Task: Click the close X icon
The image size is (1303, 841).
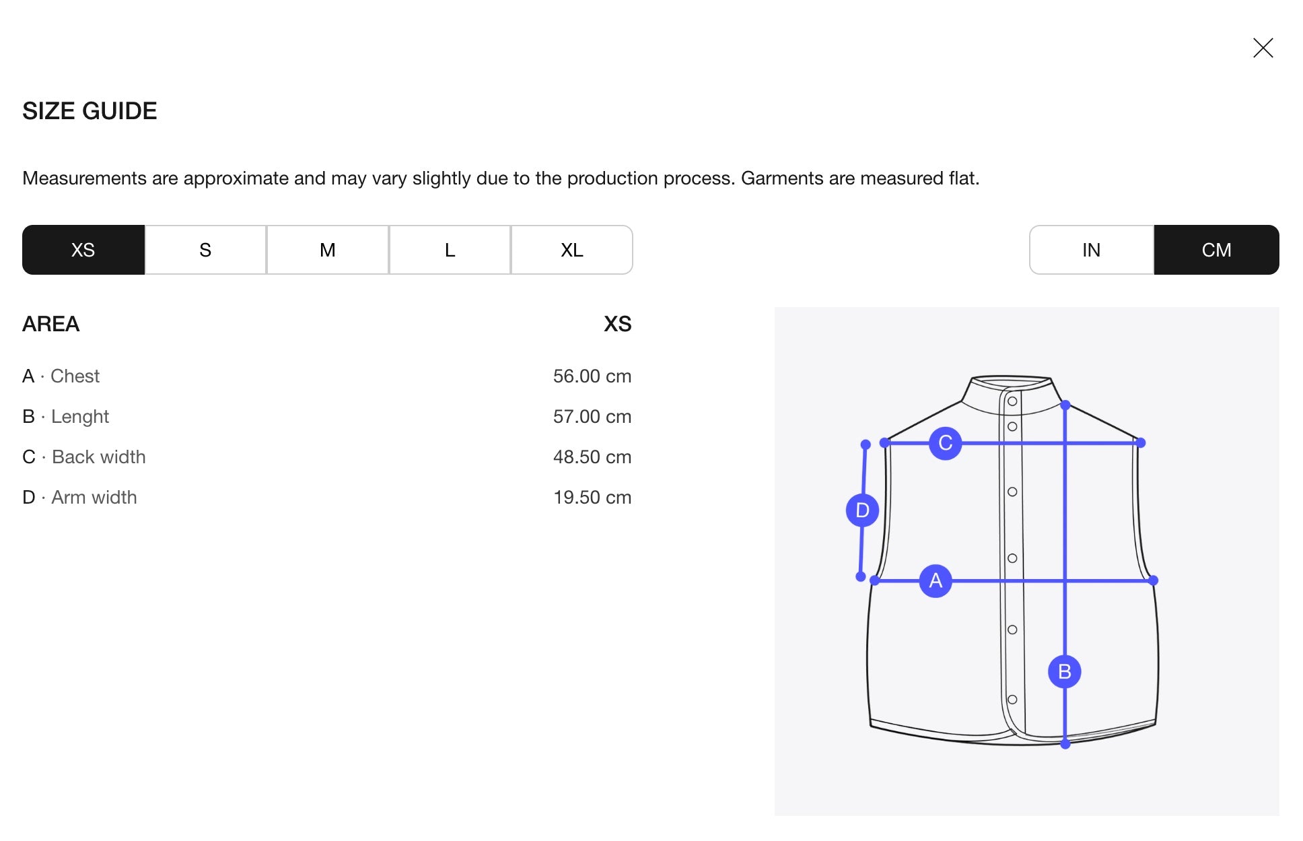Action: [1263, 48]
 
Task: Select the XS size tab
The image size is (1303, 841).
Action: [83, 250]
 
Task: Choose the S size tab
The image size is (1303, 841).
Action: [205, 250]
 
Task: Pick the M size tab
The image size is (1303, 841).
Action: [328, 250]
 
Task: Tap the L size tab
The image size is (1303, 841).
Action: [450, 250]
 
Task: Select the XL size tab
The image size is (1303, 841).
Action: [572, 250]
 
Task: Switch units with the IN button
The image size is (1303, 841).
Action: [1092, 250]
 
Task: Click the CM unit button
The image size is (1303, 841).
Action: [1217, 250]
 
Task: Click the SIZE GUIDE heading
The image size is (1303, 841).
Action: [90, 111]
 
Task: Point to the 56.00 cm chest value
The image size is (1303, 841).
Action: [592, 376]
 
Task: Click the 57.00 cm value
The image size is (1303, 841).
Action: [592, 416]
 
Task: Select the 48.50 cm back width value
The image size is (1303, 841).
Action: [592, 457]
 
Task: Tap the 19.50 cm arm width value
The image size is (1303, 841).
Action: [592, 497]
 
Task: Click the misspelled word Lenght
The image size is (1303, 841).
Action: [80, 417]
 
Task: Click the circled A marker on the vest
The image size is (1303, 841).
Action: [936, 580]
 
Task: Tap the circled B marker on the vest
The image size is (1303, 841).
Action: [1065, 671]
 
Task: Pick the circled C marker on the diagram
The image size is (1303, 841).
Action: [946, 443]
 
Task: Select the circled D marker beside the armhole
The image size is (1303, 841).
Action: [862, 510]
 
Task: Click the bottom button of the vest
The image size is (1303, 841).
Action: [1012, 700]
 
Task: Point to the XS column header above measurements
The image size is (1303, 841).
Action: [618, 324]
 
